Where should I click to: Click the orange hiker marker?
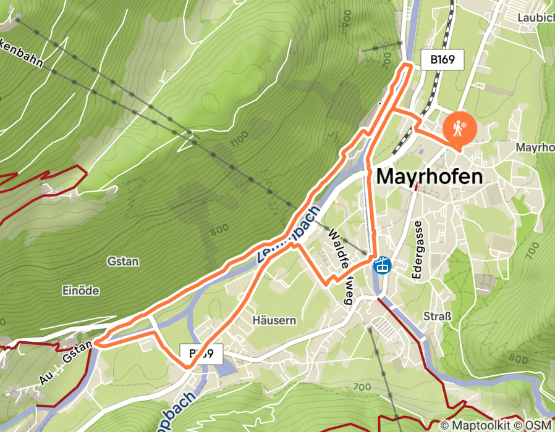tap(459, 128)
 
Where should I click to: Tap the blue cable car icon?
tap(383, 266)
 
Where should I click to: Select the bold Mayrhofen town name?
tap(429, 177)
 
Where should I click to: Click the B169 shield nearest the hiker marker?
tap(442, 60)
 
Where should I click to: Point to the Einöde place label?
tap(81, 290)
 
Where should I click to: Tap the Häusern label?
tap(274, 320)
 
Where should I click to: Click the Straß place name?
tap(438, 317)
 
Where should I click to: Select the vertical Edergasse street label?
tap(418, 243)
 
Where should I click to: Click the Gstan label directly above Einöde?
tap(122, 261)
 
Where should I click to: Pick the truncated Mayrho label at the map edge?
tap(535, 148)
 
